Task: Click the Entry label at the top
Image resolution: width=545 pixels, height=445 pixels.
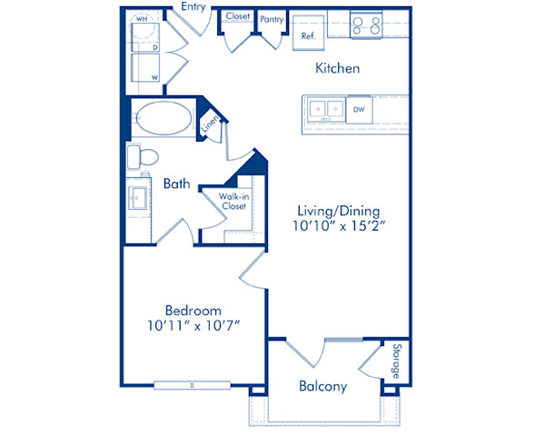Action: tap(193, 7)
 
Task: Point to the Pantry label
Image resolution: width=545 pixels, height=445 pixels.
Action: tap(272, 17)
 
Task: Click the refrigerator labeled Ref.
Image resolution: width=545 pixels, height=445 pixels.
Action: tap(308, 30)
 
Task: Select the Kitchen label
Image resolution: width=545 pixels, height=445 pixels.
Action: tap(338, 68)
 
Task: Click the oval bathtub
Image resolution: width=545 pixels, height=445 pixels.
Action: tap(163, 119)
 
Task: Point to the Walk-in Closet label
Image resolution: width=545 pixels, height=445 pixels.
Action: tap(234, 201)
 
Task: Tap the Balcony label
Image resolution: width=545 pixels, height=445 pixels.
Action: tap(322, 386)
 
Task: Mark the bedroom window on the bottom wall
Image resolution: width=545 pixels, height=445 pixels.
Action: tap(192, 385)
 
